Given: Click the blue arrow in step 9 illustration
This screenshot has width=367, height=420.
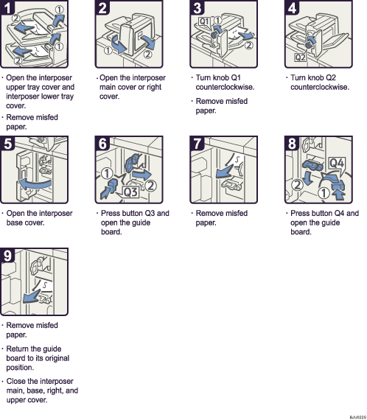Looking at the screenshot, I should tap(31, 297).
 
